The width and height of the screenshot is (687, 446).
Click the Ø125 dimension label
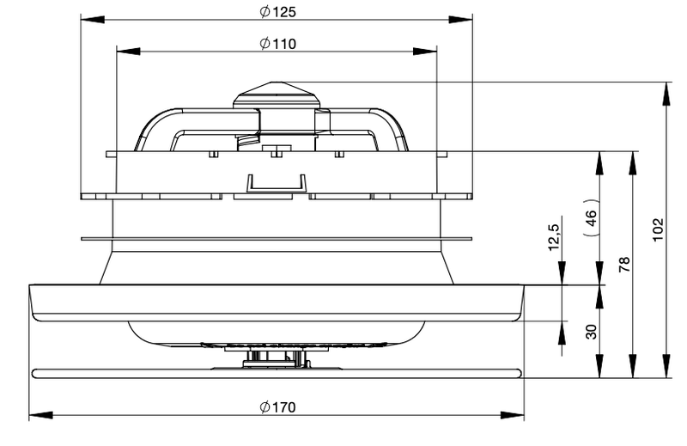coord(277,12)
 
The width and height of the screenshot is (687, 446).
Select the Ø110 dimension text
coord(277,44)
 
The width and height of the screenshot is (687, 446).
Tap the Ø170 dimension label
coord(277,407)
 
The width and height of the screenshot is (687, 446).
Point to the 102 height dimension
coord(658,229)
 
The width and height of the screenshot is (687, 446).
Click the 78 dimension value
coord(624,265)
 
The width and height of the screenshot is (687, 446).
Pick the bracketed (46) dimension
coord(591,217)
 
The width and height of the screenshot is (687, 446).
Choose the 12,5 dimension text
coord(554,237)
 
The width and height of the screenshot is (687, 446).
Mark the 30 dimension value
coord(591,332)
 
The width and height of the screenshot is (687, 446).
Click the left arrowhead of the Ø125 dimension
coord(93,20)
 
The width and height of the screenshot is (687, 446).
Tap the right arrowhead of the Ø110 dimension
coord(425,52)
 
